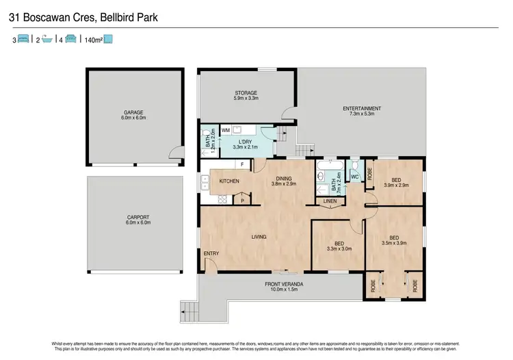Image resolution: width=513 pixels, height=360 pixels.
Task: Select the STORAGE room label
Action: [x=246, y=93]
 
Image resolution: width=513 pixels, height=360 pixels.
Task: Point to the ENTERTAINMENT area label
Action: [x=362, y=109]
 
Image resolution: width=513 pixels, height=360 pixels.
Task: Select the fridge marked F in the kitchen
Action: [x=242, y=165]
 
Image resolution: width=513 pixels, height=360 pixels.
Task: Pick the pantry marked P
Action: [x=242, y=200]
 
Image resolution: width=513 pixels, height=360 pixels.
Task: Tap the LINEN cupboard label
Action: [x=330, y=201]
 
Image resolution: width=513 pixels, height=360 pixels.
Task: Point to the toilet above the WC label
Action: [x=354, y=166]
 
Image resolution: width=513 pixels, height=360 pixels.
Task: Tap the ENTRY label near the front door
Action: [x=211, y=254]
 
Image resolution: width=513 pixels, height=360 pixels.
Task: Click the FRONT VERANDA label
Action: [x=283, y=284]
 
